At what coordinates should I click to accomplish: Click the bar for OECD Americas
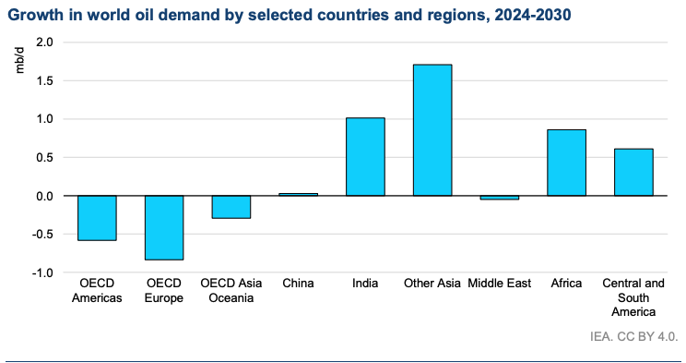(x=97, y=218)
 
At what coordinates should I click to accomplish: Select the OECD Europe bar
(x=164, y=227)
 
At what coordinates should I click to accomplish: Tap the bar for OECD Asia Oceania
(x=231, y=207)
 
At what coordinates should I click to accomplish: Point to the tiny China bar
(x=299, y=194)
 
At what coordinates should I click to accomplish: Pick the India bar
(x=365, y=156)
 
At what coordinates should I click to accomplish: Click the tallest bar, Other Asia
(x=432, y=129)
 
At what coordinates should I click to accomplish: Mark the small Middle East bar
(x=500, y=198)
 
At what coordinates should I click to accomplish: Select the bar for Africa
(x=566, y=163)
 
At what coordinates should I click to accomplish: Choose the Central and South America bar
(x=633, y=173)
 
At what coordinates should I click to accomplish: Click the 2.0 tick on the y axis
(x=45, y=42)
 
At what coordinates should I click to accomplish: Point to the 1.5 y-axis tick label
(x=45, y=80)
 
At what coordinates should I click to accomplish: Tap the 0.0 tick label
(x=45, y=196)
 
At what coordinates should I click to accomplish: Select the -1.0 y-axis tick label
(x=42, y=272)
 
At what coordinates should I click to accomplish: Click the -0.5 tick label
(x=42, y=234)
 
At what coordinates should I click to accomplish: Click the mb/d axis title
(x=19, y=61)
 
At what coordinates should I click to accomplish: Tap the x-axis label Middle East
(x=500, y=284)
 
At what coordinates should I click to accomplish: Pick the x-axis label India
(x=365, y=284)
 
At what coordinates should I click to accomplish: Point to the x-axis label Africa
(x=566, y=284)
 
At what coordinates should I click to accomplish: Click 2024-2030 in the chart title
(x=532, y=15)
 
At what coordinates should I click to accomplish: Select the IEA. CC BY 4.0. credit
(x=634, y=337)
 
